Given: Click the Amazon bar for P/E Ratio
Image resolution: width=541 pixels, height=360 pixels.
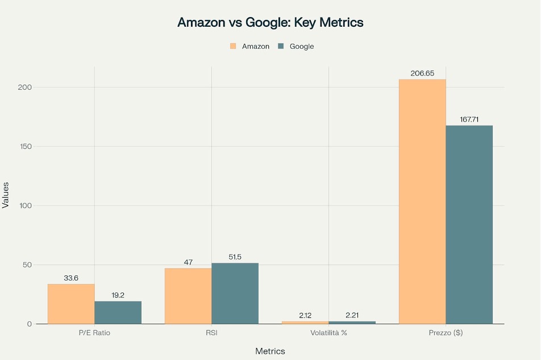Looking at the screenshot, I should click(x=71, y=304).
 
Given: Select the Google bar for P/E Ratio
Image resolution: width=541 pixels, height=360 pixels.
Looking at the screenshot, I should click(x=118, y=312).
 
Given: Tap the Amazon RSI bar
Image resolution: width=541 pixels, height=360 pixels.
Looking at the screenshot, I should click(x=188, y=296).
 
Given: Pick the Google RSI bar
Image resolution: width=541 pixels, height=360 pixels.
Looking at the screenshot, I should click(x=235, y=294).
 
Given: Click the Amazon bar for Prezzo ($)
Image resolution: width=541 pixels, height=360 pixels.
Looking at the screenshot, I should click(x=422, y=202).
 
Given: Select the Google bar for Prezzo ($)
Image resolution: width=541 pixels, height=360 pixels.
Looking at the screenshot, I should click(x=469, y=224).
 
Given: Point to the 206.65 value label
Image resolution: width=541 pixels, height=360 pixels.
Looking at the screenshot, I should click(x=422, y=73).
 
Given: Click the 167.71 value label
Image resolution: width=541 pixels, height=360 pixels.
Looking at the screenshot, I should click(x=469, y=119).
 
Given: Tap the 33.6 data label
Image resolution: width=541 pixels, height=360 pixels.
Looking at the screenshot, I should click(x=71, y=278).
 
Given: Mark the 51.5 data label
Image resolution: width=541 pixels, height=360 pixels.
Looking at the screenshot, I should click(x=235, y=257).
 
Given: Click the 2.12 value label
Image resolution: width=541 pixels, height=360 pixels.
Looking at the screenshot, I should click(x=305, y=315).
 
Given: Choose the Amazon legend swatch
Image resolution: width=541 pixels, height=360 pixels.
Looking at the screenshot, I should click(x=233, y=46).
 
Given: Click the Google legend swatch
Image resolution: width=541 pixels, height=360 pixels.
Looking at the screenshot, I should click(x=281, y=46).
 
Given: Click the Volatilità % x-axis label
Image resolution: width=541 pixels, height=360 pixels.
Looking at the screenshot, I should click(x=328, y=332).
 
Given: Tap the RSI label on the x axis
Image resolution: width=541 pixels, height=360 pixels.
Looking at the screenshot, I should click(x=211, y=332).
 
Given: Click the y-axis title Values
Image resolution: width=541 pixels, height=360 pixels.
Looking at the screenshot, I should click(x=6, y=195).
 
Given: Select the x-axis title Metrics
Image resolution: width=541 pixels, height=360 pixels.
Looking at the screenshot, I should click(x=270, y=351).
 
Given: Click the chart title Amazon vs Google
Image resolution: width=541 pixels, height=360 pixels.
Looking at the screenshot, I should click(x=270, y=23).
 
